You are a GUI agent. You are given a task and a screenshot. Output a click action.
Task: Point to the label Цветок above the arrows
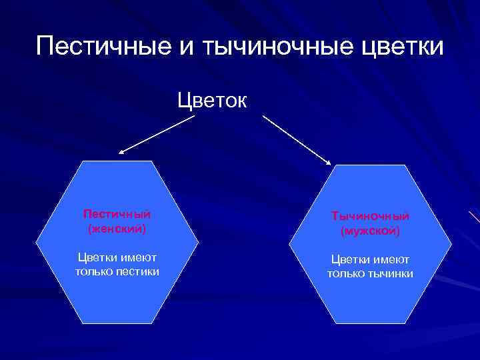click(x=212, y=101)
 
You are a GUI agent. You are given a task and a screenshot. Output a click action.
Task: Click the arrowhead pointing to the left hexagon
click(x=122, y=152)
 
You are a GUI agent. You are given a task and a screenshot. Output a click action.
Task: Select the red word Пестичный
click(x=117, y=214)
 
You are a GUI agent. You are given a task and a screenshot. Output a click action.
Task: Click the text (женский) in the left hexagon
click(x=117, y=228)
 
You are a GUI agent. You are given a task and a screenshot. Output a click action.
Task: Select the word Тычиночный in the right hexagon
click(x=370, y=217)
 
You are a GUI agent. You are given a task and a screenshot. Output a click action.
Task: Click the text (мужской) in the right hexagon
click(x=370, y=232)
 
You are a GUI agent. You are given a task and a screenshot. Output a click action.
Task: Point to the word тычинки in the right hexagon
click(x=391, y=274)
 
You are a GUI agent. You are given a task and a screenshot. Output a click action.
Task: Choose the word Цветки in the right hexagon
click(x=351, y=260)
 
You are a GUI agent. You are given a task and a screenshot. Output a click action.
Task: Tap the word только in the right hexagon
click(x=346, y=274)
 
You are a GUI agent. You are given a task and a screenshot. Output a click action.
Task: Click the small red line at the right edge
click(x=474, y=217)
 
